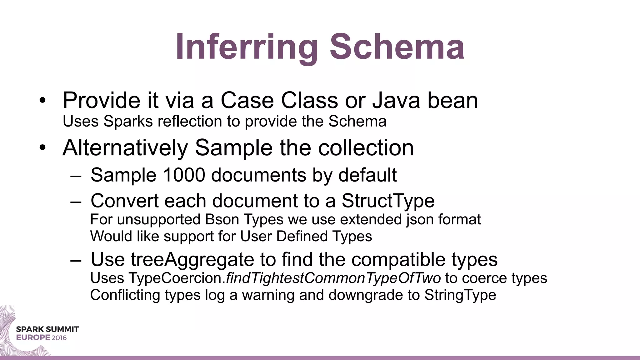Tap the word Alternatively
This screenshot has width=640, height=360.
[125, 148]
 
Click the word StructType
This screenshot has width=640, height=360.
[388, 201]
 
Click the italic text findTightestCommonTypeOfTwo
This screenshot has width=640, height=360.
[333, 278]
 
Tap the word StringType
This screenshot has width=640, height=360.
[460, 295]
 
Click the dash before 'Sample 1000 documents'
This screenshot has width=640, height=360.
[76, 176]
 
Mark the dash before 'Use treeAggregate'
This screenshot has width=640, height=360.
[76, 260]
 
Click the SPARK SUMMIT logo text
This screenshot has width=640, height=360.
[47, 329]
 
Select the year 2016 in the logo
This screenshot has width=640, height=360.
[59, 338]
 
